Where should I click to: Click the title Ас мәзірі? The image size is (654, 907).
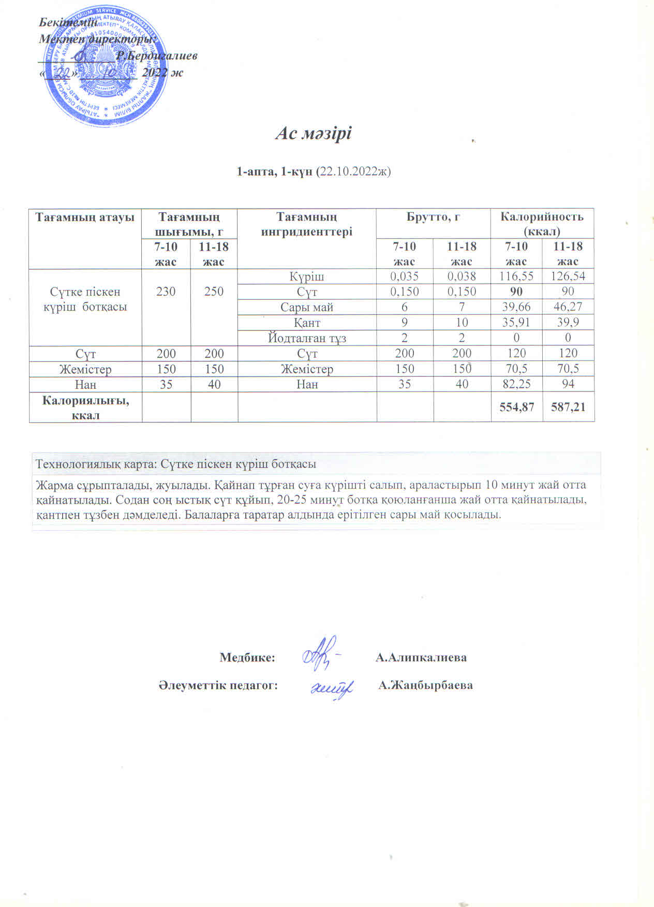pos(313,134)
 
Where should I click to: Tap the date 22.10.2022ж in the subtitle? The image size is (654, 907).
pos(354,171)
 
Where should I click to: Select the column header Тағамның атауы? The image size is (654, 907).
pos(85,217)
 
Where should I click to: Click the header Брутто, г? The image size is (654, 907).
pos(433,217)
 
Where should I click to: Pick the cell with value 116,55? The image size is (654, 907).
pos(516,276)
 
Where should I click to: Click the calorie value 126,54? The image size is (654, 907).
pos(568,276)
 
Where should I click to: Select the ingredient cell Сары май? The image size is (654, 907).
pos(307,307)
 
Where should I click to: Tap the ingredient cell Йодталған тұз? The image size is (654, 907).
pos(307,338)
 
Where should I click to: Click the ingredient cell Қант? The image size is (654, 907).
pos(307,323)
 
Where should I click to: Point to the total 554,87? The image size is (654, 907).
pos(516,407)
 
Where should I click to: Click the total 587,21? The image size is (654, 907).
pos(568,407)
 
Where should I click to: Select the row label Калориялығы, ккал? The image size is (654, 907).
pos(85,407)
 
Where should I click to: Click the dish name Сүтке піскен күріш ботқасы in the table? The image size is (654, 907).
pos(85,299)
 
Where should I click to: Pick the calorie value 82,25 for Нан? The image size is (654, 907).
pos(516,384)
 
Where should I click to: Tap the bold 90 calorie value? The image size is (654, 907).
pos(516,291)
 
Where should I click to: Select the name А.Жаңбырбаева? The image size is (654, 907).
pos(425,685)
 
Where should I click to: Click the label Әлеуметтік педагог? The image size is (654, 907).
pos(218,685)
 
